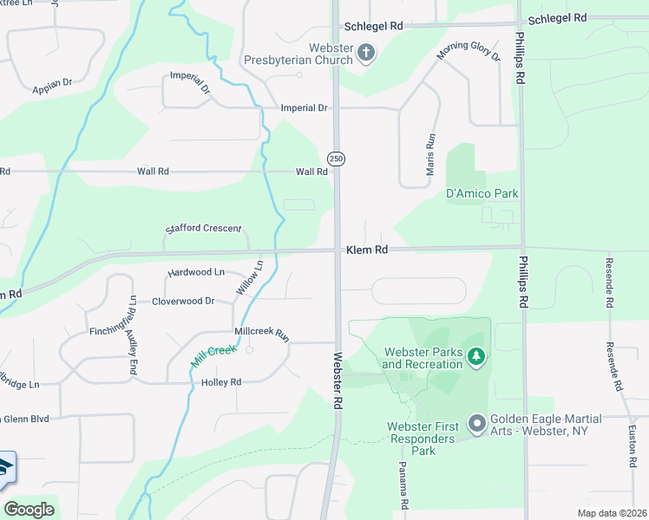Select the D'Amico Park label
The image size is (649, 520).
pyautogui.click(x=482, y=193)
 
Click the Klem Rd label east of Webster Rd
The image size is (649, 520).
pyautogui.click(x=366, y=250)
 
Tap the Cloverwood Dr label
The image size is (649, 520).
pyautogui.click(x=183, y=301)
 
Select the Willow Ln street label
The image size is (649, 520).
pyautogui.click(x=249, y=277)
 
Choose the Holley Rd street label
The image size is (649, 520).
pyautogui.click(x=221, y=382)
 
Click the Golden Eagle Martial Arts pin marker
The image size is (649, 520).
pyautogui.click(x=475, y=424)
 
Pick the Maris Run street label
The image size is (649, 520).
pyautogui.click(x=430, y=154)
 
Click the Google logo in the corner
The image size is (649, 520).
pyautogui.click(x=29, y=510)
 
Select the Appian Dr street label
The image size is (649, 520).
pyautogui.click(x=53, y=85)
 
